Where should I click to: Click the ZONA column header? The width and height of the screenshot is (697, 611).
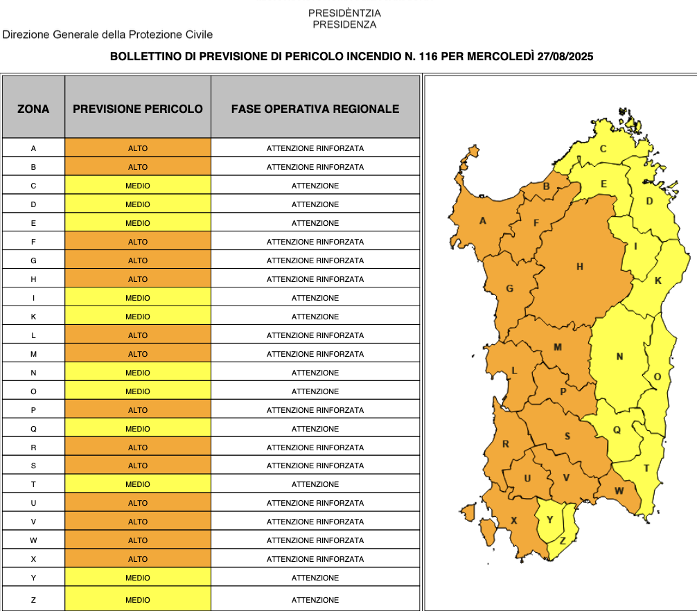pos(33,109)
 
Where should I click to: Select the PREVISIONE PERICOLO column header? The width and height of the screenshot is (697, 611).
pos(138,109)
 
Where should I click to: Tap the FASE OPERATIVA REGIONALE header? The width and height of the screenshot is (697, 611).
pos(315,109)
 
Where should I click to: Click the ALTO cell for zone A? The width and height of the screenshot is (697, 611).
pos(138,148)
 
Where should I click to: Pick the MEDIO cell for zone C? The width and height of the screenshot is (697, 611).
pos(138,186)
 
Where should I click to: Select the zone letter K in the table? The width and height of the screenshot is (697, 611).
pos(33,317)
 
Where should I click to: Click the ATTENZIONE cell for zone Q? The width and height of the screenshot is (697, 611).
pos(315,429)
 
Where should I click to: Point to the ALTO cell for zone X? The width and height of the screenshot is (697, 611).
pos(138,559)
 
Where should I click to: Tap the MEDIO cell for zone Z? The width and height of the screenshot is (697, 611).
pos(138,600)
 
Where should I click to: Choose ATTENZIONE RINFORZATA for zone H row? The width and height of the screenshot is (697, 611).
pos(315,279)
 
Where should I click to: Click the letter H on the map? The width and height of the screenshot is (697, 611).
pos(580,267)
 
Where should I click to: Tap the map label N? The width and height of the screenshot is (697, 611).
pos(619,357)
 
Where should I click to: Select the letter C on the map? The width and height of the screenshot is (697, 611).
pos(603,149)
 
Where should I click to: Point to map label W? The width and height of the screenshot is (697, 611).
pos(619,491)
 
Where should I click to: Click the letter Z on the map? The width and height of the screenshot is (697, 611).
pos(562,540)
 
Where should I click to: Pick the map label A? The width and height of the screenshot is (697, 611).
pos(483,221)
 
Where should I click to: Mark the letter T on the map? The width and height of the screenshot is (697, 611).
pos(646,468)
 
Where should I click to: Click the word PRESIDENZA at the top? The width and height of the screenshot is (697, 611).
pos(344,24)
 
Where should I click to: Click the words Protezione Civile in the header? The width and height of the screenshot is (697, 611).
pos(177,35)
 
